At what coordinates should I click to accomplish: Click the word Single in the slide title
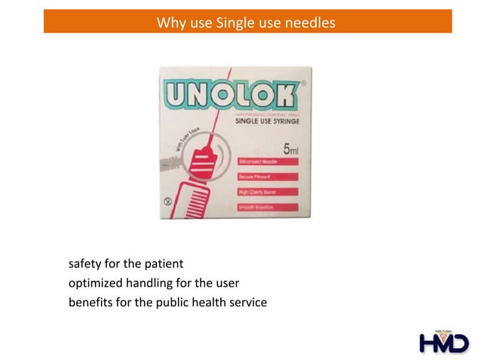tap(234, 22)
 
